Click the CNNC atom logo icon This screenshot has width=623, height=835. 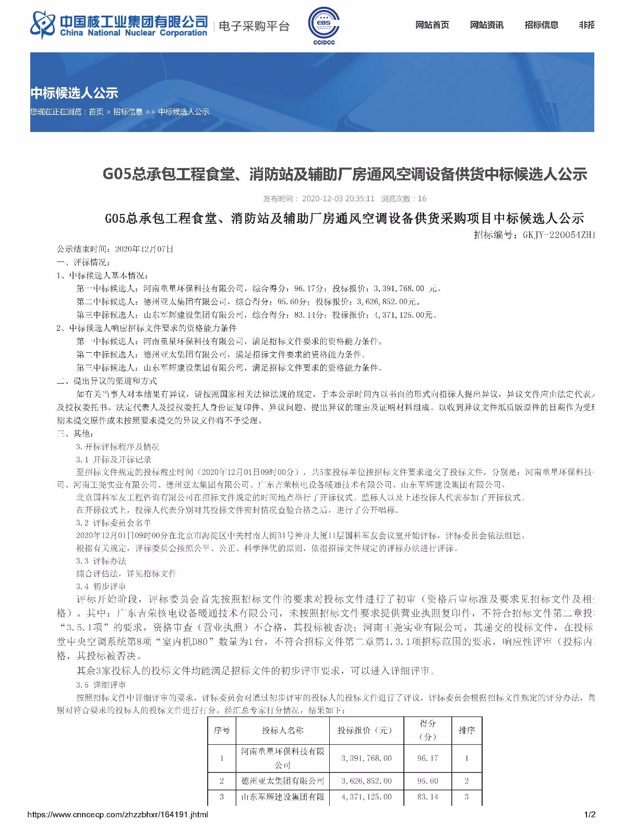click(x=43, y=25)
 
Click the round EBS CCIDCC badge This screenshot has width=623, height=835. click(x=324, y=24)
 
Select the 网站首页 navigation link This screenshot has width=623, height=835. click(x=432, y=25)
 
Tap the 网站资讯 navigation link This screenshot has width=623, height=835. click(x=486, y=25)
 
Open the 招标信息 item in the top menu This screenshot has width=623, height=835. click(x=541, y=25)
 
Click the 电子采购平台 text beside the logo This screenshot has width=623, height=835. click(x=254, y=26)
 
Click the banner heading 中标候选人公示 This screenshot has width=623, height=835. click(x=75, y=93)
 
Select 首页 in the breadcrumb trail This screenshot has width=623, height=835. click(x=96, y=112)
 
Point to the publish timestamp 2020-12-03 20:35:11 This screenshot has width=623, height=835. click(x=338, y=198)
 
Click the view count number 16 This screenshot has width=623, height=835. click(x=422, y=198)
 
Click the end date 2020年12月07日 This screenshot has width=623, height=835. click(x=144, y=249)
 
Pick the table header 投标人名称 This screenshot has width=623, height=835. click(x=282, y=730)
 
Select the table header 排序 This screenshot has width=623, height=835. click(x=466, y=730)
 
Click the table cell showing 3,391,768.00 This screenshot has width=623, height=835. click(x=366, y=758)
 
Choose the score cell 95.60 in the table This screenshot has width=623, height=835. click(x=427, y=781)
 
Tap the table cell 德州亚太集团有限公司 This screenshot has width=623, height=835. click(x=282, y=781)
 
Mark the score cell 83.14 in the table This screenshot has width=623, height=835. click(x=427, y=797)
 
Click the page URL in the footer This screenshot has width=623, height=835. click(x=117, y=814)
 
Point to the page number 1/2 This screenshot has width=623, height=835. click(x=590, y=814)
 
